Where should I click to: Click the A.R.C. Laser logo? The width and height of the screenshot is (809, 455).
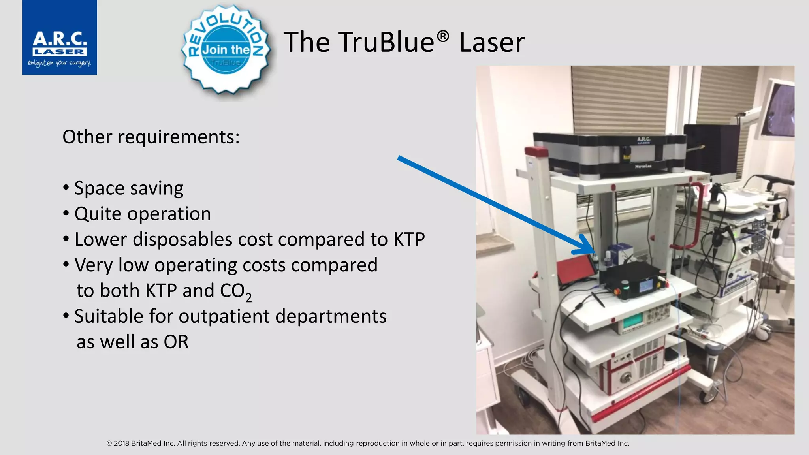[x=59, y=38]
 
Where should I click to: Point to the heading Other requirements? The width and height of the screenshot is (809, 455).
[x=151, y=137]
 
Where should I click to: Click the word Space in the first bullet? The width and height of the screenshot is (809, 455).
[x=99, y=188]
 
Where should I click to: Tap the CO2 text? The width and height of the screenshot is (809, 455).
[x=235, y=291]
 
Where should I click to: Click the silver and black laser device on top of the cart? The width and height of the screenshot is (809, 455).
[x=610, y=154]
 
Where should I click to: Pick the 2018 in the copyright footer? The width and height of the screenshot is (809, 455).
[x=121, y=443]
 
